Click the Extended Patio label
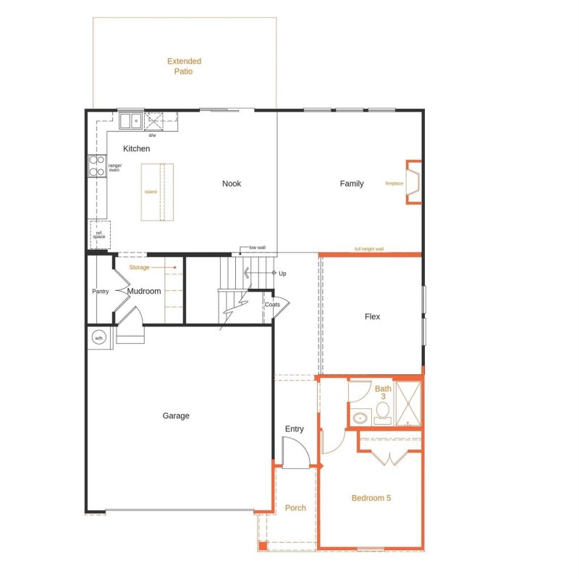pyautogui.click(x=184, y=67)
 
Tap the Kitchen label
pyautogui.click(x=136, y=149)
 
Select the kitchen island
pyautogui.click(x=157, y=192)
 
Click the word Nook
pyautogui.click(x=232, y=184)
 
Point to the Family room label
pyautogui.click(x=352, y=184)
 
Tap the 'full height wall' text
pyautogui.click(x=369, y=249)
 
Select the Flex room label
pyautogui.click(x=372, y=317)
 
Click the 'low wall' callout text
pyautogui.click(x=258, y=248)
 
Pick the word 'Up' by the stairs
pyautogui.click(x=282, y=274)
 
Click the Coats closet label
pyautogui.click(x=272, y=305)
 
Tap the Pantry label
pyautogui.click(x=100, y=292)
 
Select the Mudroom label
pyautogui.click(x=144, y=292)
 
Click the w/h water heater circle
pyautogui.click(x=98, y=337)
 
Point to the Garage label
pyautogui.click(x=176, y=416)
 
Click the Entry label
pyautogui.click(x=295, y=429)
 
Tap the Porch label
pyautogui.click(x=295, y=508)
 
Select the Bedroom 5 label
pyautogui.click(x=371, y=498)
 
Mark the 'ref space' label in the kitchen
pyautogui.click(x=99, y=234)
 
